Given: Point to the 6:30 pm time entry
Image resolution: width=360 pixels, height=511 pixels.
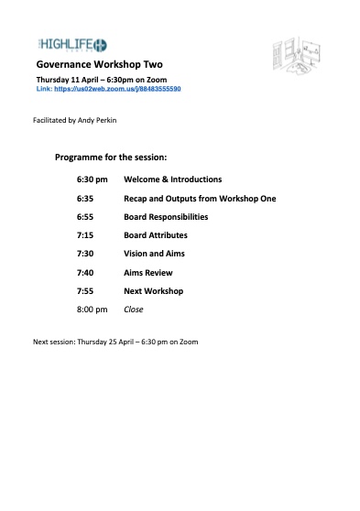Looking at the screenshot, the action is (x=92, y=179).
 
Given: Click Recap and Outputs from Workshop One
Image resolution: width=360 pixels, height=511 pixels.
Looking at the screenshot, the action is (x=200, y=198).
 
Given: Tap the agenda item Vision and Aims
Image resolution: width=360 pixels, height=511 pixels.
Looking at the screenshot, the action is (x=151, y=254).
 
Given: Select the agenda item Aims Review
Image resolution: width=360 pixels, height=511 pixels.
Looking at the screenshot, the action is (x=147, y=273).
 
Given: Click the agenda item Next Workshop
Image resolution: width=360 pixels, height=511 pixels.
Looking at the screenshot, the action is (x=153, y=291).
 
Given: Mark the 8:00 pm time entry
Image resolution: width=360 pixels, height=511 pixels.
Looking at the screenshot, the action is (x=92, y=310).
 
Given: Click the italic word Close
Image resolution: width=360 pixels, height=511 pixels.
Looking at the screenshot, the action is (x=134, y=310).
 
